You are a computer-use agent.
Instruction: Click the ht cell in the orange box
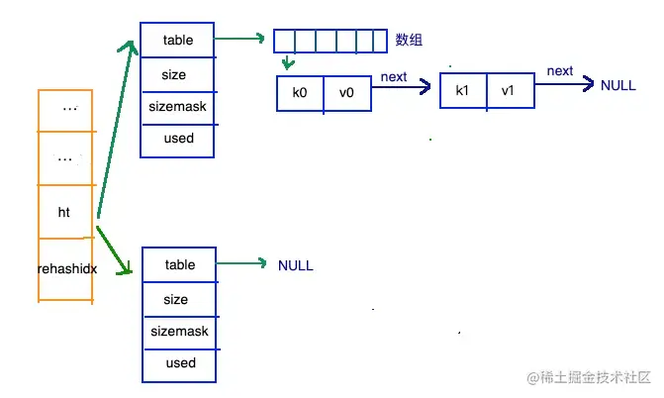(x=64, y=212)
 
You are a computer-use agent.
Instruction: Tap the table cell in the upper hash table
(x=179, y=41)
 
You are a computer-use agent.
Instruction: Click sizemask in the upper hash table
(x=179, y=106)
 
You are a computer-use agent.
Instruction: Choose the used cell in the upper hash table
(x=179, y=139)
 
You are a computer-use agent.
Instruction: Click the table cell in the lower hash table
(x=180, y=264)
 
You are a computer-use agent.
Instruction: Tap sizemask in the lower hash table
(x=180, y=332)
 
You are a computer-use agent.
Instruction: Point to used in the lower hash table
(x=180, y=363)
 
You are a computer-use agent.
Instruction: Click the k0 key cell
(x=300, y=91)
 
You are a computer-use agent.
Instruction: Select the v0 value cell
(x=347, y=91)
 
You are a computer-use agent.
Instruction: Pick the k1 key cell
(x=462, y=91)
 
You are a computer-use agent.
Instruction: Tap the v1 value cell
(x=508, y=91)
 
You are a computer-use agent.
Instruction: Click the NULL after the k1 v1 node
(x=617, y=85)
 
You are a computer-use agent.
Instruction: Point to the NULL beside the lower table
(x=295, y=265)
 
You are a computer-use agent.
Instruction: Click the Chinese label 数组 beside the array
(x=409, y=40)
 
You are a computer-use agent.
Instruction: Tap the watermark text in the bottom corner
(x=592, y=378)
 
